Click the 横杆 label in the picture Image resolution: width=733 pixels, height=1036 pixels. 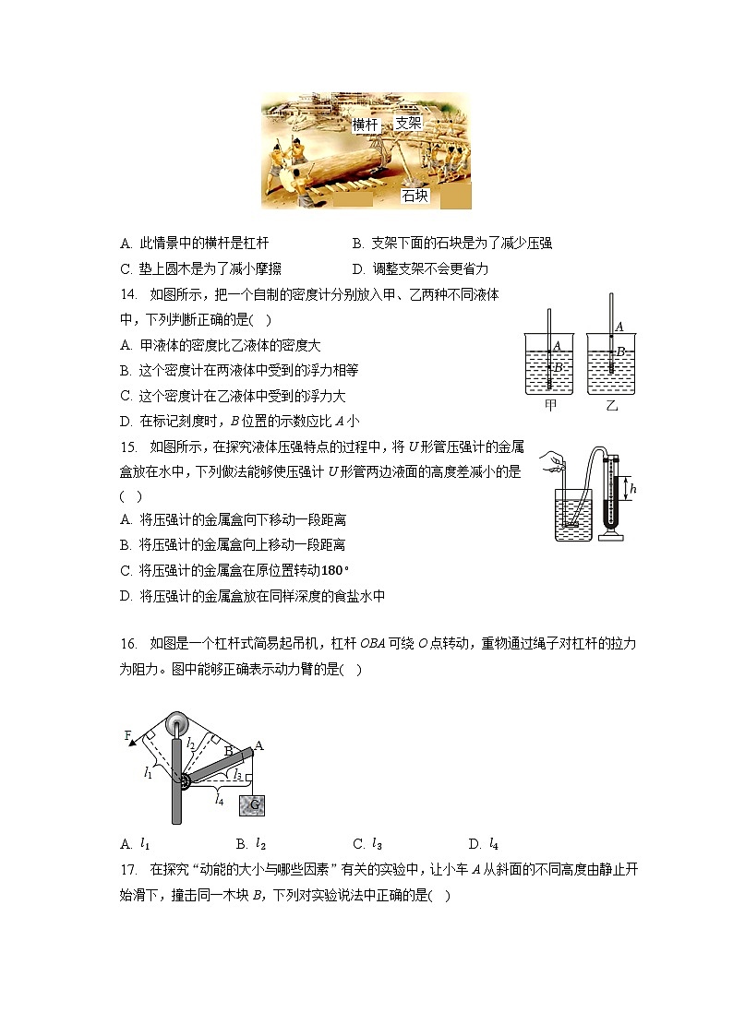[x=366, y=125]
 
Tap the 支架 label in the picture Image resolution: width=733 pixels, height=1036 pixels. [x=409, y=122]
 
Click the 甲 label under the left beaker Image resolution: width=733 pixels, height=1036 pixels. [x=551, y=404]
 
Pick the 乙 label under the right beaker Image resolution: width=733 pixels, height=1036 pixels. [x=612, y=404]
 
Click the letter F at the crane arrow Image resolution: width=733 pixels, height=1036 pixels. [x=128, y=735]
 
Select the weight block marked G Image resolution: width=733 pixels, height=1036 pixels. [x=253, y=804]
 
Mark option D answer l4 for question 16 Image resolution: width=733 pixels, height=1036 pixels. [x=494, y=843]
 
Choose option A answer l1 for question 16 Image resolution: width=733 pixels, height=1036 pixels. [x=145, y=843]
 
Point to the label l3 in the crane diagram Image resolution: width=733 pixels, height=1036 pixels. [x=237, y=776]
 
